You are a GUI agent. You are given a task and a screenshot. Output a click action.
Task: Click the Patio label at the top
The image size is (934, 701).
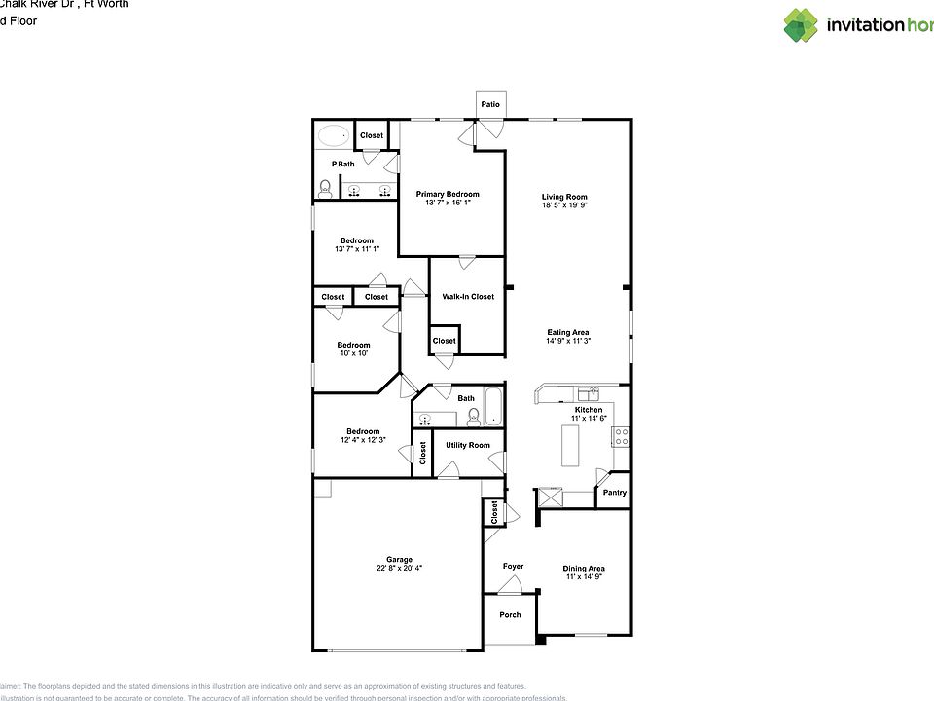(489, 103)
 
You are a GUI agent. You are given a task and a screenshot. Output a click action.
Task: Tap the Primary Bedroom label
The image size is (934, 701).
(448, 194)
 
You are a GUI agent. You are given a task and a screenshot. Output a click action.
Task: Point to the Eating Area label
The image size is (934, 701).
(567, 332)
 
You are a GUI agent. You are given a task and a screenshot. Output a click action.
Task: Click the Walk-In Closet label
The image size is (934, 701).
(468, 296)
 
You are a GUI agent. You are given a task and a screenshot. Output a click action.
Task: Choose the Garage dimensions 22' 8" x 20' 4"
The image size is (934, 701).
(399, 568)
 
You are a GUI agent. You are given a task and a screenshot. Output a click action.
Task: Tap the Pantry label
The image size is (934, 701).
(614, 493)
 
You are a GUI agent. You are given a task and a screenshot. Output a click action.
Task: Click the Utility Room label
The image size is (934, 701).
(468, 445)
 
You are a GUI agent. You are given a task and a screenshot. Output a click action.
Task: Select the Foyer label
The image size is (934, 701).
(513, 566)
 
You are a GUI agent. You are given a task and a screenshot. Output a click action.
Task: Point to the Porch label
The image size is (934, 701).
(510, 614)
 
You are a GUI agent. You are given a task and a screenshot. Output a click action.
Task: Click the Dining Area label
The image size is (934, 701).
(584, 568)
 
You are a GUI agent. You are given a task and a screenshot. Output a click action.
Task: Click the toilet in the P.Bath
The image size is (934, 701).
(325, 188)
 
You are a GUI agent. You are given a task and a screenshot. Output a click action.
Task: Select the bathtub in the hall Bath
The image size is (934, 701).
(493, 408)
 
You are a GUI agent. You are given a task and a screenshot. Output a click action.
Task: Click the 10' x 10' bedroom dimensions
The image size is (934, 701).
(353, 353)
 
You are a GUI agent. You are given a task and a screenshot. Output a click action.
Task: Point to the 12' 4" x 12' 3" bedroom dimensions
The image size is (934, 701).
(363, 440)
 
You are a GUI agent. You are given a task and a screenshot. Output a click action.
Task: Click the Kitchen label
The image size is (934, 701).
(589, 410)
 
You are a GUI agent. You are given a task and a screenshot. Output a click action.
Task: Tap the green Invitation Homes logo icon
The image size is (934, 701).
(801, 25)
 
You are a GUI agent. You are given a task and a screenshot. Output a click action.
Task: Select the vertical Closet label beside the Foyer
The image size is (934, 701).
(494, 511)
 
